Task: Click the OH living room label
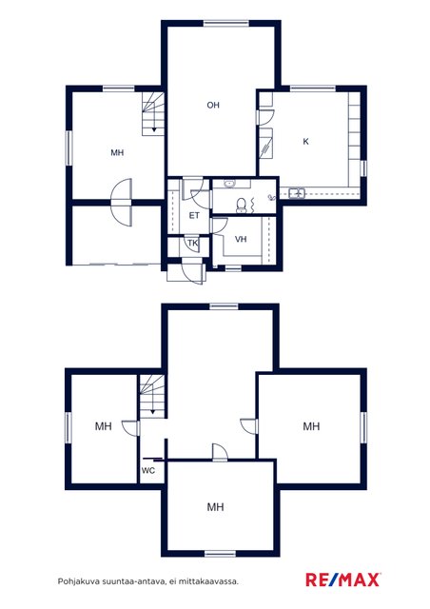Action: coord(213,105)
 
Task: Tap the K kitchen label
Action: coord(305,142)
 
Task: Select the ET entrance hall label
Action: coord(194,216)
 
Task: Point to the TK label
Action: coord(193,244)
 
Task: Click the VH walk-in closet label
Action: coord(241,239)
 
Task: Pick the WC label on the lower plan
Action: coord(148,471)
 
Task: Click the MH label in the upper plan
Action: coord(117,152)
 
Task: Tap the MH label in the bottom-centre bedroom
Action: coord(215,507)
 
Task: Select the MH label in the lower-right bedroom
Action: coord(311,426)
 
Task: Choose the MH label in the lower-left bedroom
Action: coord(104,426)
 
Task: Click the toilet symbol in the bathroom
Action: coord(242,206)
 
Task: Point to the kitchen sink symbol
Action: coord(297,192)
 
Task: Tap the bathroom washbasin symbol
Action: coord(229,184)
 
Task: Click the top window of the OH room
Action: coord(226,23)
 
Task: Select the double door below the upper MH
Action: coord(121,202)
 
